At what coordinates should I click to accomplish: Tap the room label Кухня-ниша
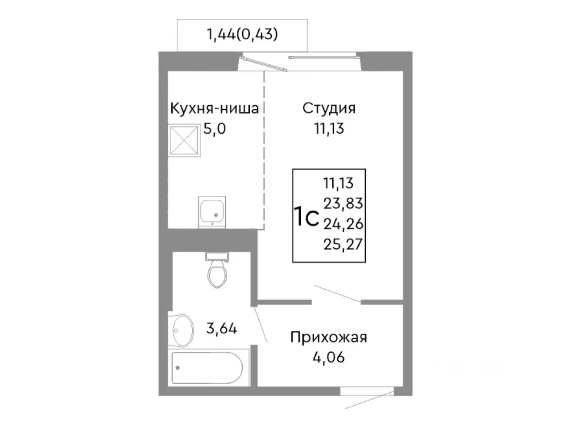[x=214, y=108]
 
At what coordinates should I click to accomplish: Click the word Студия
[x=329, y=108]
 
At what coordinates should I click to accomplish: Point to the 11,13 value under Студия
[x=329, y=129]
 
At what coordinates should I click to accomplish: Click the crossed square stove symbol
[x=183, y=138]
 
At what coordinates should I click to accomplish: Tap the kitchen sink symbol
[x=212, y=210]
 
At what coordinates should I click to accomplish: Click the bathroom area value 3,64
[x=221, y=329]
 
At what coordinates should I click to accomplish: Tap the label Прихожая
[x=329, y=337]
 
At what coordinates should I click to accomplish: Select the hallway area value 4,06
[x=329, y=357]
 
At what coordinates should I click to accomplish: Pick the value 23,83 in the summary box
[x=343, y=203]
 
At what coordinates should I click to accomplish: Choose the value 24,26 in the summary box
[x=343, y=224]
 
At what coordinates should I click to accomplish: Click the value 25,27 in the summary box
[x=343, y=244]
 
